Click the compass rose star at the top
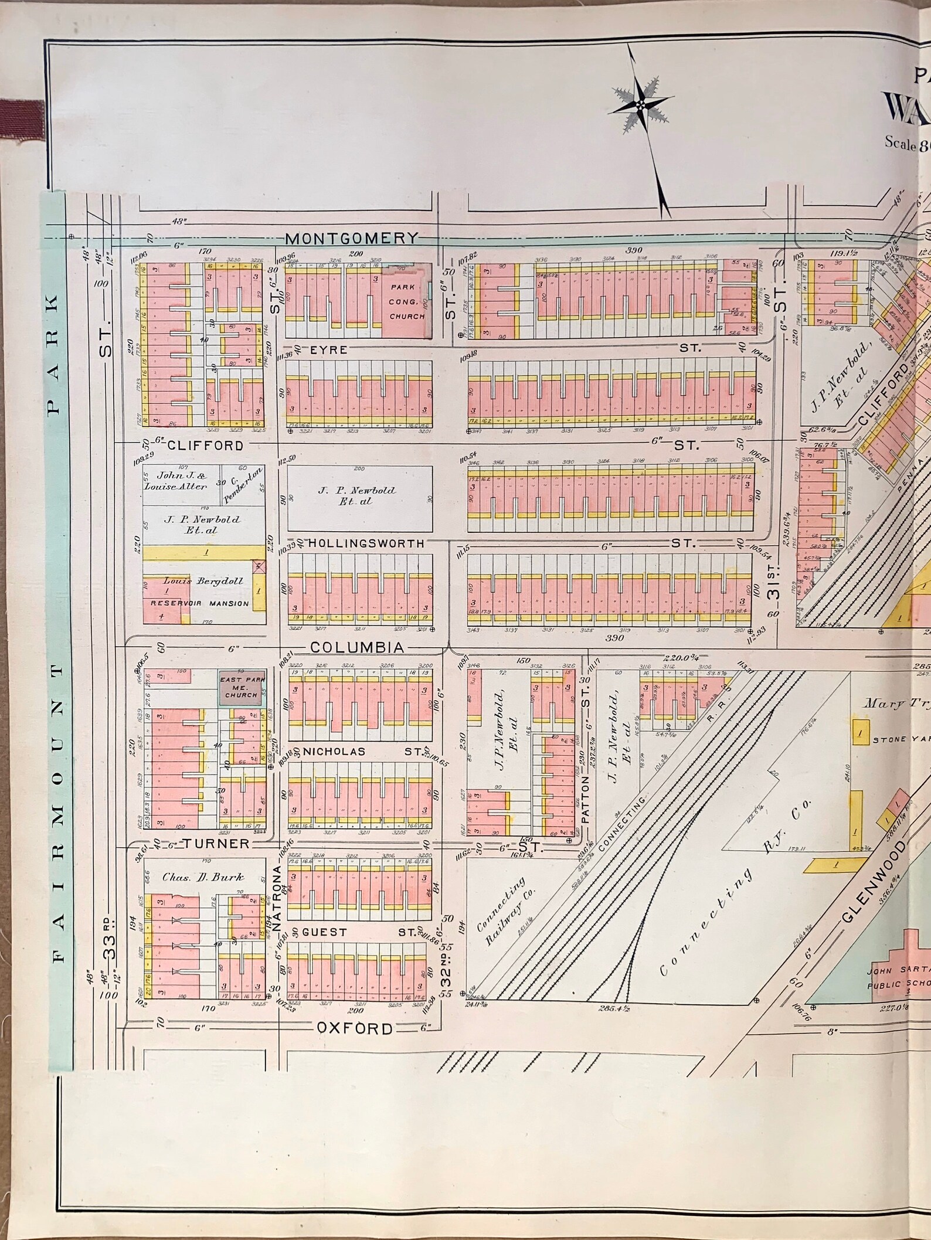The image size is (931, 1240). click(641, 104)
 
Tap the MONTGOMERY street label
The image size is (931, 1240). click(352, 238)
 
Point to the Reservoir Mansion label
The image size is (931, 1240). click(199, 603)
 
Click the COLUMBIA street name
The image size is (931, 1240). click(357, 647)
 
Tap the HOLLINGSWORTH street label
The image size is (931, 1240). click(366, 543)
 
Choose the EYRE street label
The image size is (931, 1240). click(329, 349)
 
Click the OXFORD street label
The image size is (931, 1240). click(355, 1028)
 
